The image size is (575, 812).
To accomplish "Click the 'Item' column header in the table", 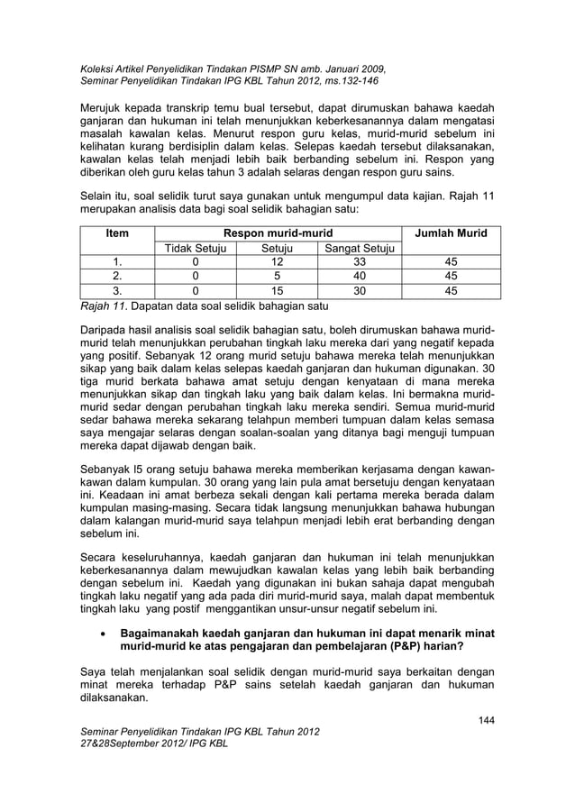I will (116, 233).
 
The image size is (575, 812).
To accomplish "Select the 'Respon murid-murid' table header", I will (278, 233).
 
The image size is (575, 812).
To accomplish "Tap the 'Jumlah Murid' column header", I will (450, 233).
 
